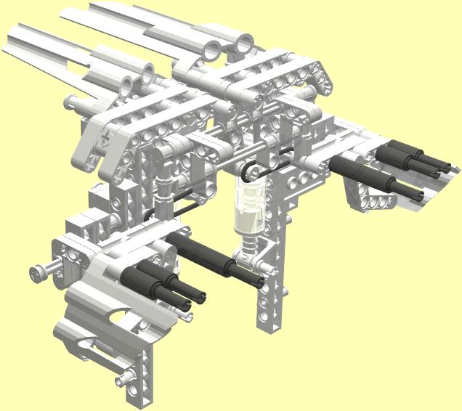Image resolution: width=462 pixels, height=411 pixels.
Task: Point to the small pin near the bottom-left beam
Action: [123, 377]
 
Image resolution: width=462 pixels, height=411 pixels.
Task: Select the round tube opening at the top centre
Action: [213, 49]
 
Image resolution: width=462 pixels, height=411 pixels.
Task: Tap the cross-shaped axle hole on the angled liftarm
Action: [105, 137]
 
